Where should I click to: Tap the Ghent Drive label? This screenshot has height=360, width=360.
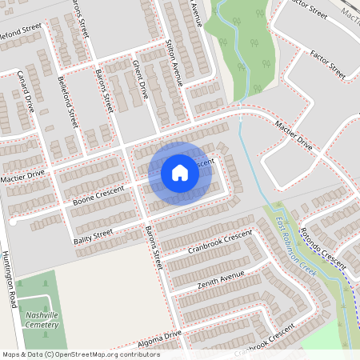click(x=141, y=78)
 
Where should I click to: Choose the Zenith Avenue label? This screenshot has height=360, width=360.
click(x=220, y=279)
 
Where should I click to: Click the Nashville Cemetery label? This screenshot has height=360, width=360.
click(x=42, y=319)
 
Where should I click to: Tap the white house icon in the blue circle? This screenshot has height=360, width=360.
click(x=180, y=173)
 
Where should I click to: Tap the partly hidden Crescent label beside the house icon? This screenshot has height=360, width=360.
click(x=203, y=162)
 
